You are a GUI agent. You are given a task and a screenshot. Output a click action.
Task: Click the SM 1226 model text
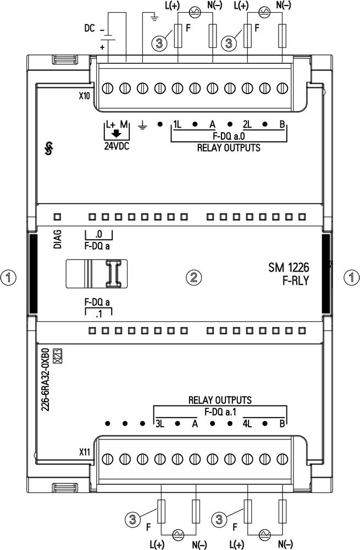(289, 268)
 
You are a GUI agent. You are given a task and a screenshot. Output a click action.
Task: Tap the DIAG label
(58, 239)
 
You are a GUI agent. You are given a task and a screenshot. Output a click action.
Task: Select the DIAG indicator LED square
(57, 217)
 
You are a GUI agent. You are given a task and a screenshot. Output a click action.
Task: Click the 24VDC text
(117, 146)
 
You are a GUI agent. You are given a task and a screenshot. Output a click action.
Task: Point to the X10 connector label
(84, 96)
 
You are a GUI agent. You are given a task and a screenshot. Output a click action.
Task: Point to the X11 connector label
(84, 453)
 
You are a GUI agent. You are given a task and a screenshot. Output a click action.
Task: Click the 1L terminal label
(177, 124)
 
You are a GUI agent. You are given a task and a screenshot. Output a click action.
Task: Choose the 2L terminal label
(247, 124)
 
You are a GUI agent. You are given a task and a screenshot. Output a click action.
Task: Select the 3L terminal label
(159, 424)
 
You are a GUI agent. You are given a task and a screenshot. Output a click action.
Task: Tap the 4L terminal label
(247, 424)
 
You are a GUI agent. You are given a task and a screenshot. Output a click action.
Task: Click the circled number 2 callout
(193, 277)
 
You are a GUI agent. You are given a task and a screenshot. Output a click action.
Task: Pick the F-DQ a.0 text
(229, 136)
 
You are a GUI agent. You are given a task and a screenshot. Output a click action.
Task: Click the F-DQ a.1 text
(220, 412)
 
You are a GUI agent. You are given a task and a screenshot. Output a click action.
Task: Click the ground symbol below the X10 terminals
(142, 125)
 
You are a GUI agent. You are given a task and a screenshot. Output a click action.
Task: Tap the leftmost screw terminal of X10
(107, 88)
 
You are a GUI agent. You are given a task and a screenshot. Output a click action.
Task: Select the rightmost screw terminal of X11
(282, 459)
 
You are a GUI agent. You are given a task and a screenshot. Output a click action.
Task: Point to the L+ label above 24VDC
(111, 124)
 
